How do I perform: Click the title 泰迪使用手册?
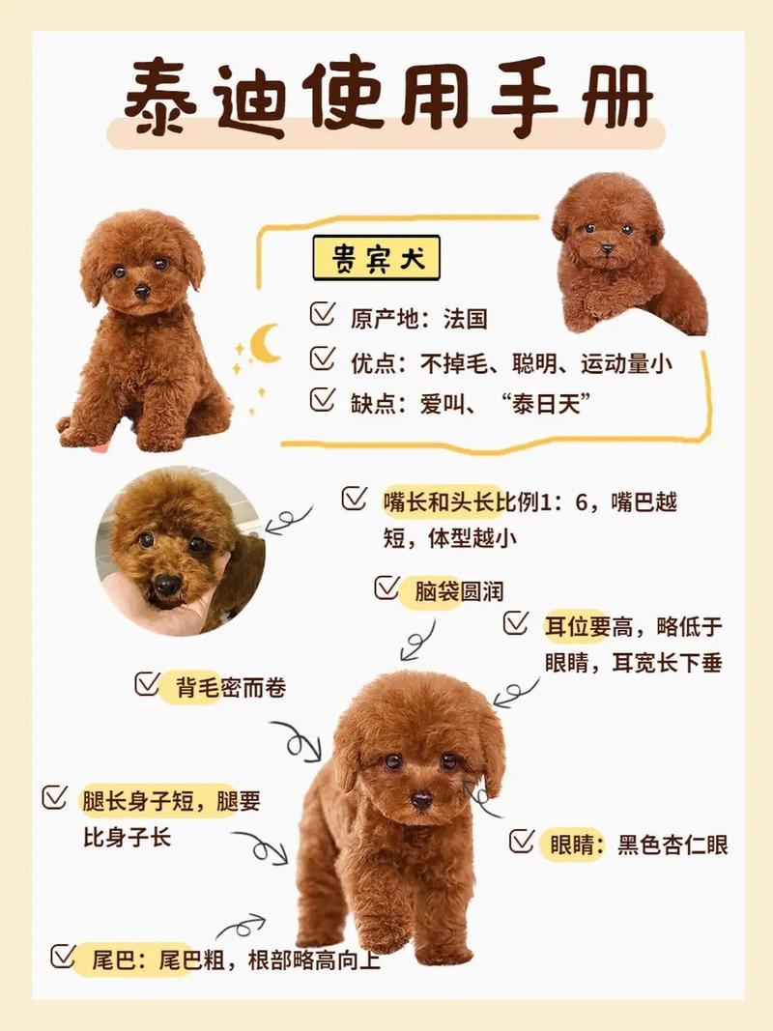386,97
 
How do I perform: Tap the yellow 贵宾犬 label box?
376,259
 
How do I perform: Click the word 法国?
466,318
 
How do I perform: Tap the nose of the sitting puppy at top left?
142,291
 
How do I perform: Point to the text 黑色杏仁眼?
673,845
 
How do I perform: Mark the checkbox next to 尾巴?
63,957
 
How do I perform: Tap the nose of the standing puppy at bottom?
422,800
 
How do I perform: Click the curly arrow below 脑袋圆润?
417,640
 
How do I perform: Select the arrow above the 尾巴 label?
240,927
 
